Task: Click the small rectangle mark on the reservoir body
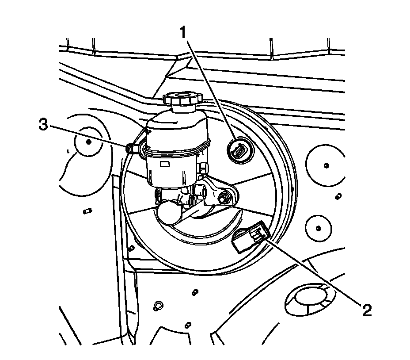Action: coord(166,165)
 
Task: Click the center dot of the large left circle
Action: coord(89,141)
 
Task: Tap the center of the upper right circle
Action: coord(326,165)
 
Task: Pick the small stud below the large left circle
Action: coord(87,211)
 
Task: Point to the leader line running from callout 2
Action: coord(314,272)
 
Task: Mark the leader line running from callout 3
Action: coord(88,136)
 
